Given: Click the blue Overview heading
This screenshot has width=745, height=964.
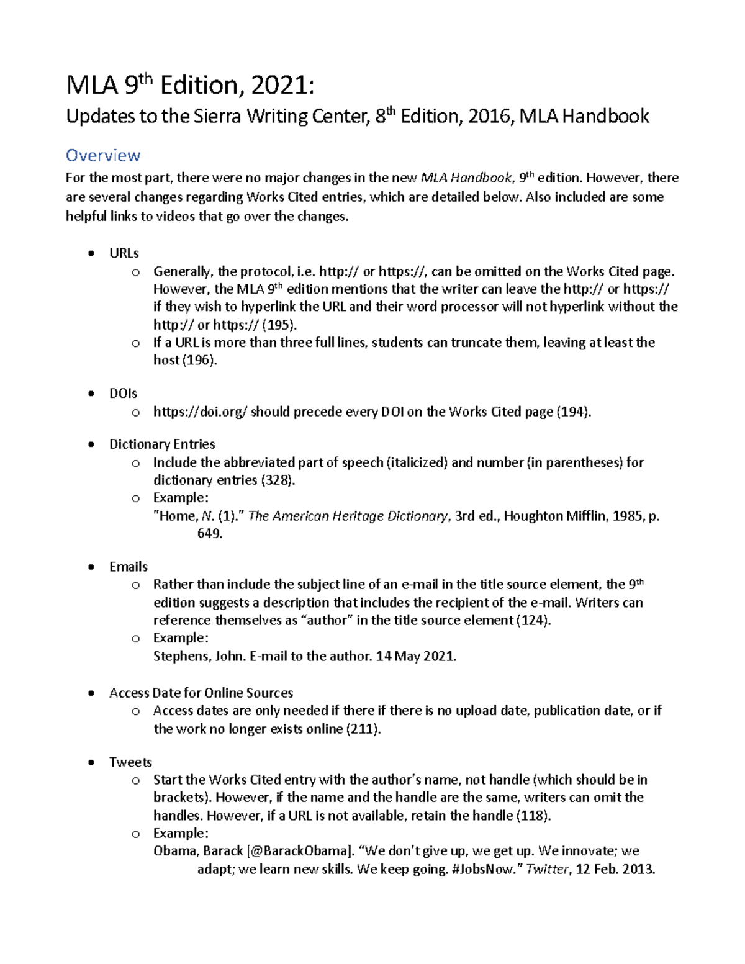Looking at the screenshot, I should coord(103,155).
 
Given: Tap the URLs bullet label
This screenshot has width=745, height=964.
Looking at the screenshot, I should coord(124,253).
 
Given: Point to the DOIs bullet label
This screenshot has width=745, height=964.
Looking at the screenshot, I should coord(123,394).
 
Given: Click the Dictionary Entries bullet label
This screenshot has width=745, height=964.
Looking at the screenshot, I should coord(162,444).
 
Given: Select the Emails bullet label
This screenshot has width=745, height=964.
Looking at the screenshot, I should coord(129,567).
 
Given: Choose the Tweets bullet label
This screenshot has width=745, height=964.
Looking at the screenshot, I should coord(130,762).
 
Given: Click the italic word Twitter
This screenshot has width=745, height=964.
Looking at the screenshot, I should coord(547,869).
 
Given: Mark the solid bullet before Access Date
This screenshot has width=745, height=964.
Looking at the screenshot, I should coord(91,693).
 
